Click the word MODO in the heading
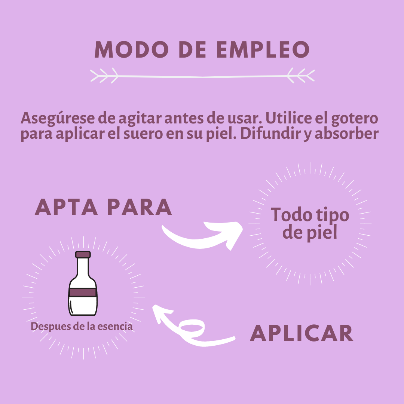click(132, 49)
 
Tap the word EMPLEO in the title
click(263, 49)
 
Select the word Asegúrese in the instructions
click(58, 119)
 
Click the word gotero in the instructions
click(355, 119)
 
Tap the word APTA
click(66, 207)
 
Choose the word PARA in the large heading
click(140, 207)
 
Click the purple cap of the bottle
click(83, 255)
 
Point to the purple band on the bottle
click(83, 293)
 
